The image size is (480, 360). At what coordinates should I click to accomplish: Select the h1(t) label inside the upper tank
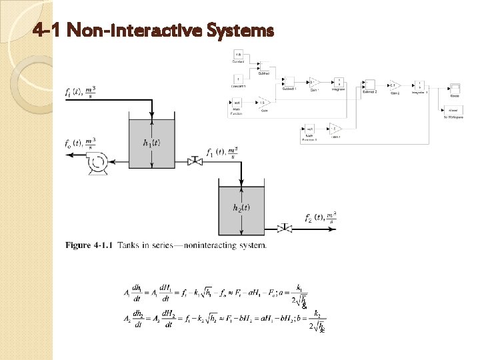point(153,143)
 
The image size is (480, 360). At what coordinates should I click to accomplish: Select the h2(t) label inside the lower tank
point(242,207)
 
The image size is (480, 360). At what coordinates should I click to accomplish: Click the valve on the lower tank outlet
point(285,228)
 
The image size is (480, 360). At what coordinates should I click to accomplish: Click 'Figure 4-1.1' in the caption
point(89,245)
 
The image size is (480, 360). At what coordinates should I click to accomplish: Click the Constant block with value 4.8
point(238,55)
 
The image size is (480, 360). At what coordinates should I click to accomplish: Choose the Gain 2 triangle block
point(394,85)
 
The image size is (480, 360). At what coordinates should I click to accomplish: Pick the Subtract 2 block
point(369,85)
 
